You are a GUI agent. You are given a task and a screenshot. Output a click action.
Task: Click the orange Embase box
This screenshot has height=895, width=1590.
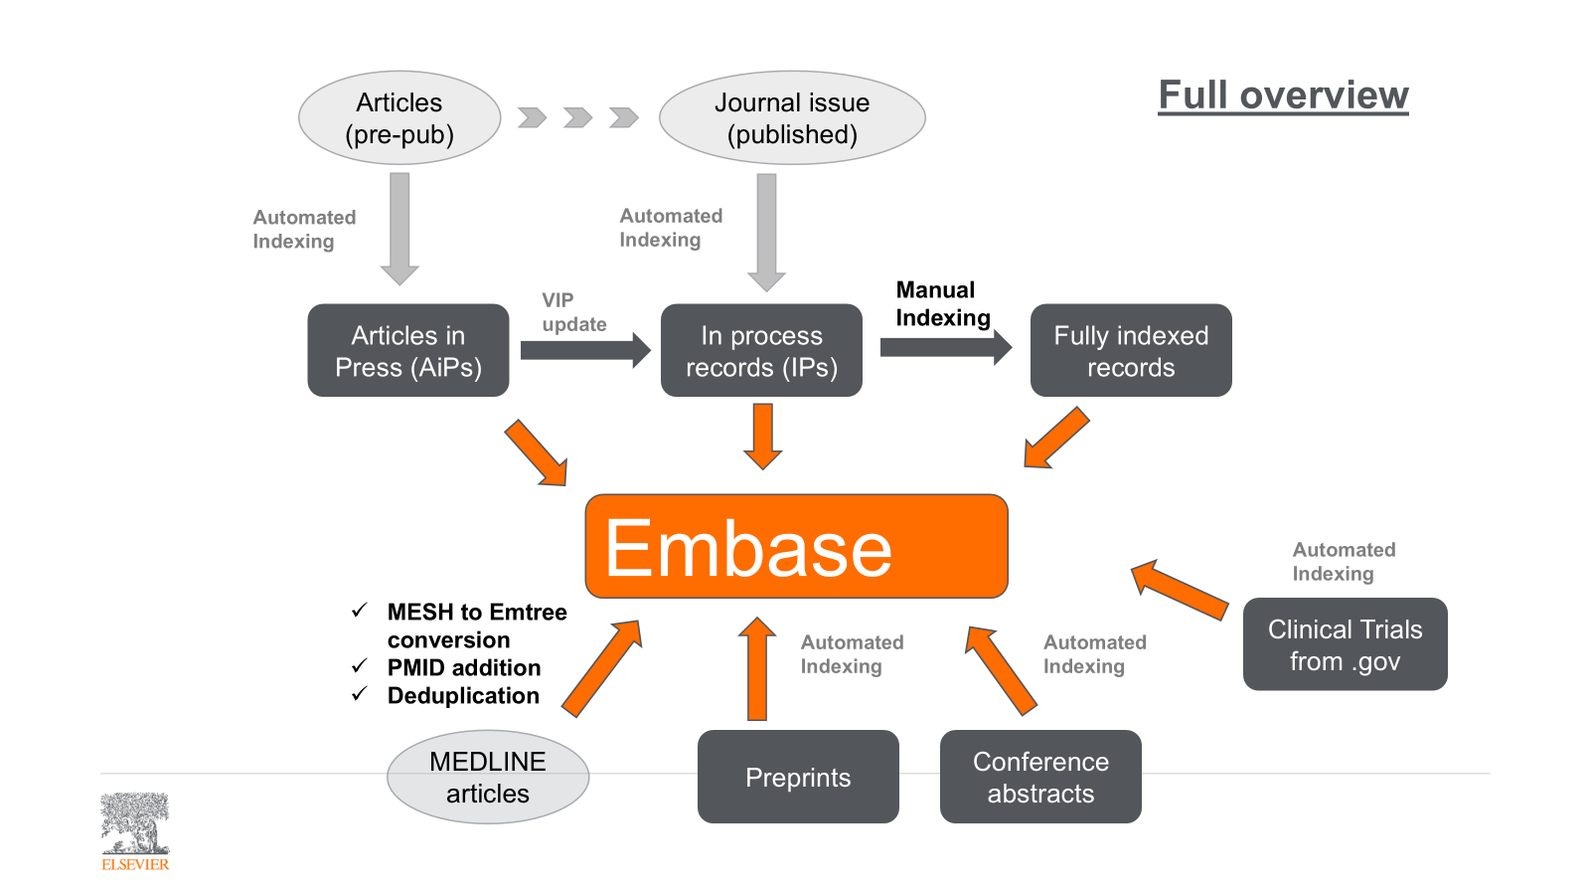pos(796,546)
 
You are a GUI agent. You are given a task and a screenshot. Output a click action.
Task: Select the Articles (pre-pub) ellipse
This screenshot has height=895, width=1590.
pos(399,118)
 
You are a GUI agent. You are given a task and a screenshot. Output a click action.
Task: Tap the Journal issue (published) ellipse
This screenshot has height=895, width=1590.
pos(792,118)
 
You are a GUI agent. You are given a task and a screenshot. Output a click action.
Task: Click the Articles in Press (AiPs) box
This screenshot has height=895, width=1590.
pos(408,351)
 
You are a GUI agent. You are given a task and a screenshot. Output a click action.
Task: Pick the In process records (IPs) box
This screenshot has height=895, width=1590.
pos(761,351)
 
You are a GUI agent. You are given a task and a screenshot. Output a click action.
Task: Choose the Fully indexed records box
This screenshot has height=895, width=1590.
pos(1131,351)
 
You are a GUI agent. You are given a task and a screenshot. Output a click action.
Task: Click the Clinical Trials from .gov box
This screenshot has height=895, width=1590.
pos(1345,644)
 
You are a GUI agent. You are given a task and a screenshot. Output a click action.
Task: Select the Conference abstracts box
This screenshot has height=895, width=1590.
pos(1040,777)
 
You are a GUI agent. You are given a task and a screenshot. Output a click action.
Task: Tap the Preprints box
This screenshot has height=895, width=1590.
pos(798,777)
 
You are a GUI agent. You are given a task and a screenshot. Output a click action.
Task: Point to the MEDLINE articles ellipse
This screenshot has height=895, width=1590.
pos(488,777)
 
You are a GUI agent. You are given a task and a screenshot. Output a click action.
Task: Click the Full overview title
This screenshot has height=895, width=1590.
pos(1283,95)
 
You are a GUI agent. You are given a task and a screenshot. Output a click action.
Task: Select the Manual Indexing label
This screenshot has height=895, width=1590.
pos(942,303)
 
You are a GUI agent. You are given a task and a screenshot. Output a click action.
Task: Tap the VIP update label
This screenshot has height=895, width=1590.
pos(573,312)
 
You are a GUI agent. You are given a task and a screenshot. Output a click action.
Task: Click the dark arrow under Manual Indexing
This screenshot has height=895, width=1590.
pos(945,347)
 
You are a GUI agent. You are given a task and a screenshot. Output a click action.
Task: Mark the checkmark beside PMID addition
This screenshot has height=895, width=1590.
pos(360,665)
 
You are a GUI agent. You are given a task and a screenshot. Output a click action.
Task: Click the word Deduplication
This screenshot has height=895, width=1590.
pos(463,696)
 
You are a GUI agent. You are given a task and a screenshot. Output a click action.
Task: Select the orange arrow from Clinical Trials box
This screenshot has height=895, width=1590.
pos(1180,590)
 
